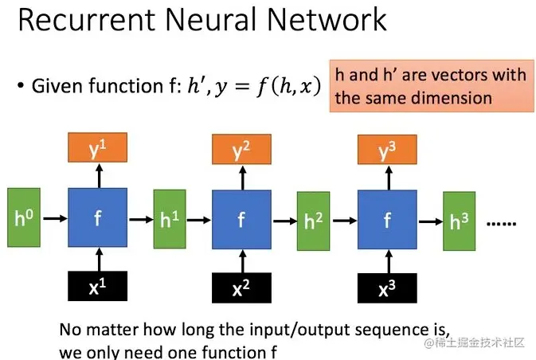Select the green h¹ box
(169, 218)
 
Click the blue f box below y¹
(98, 217)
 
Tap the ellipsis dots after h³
(502, 224)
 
